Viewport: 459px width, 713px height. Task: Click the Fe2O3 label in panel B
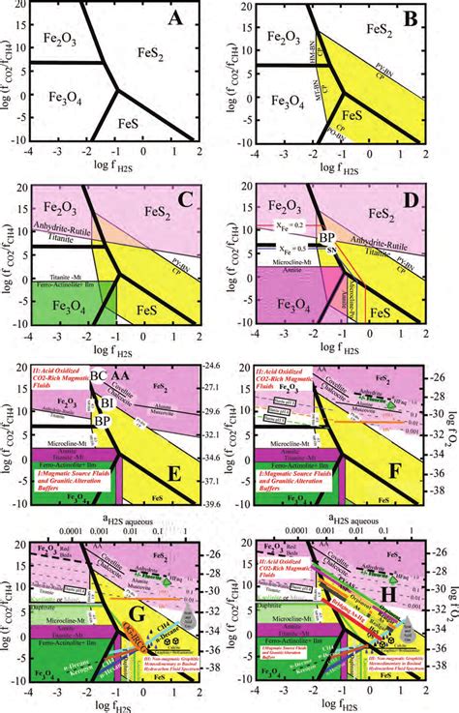291,44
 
